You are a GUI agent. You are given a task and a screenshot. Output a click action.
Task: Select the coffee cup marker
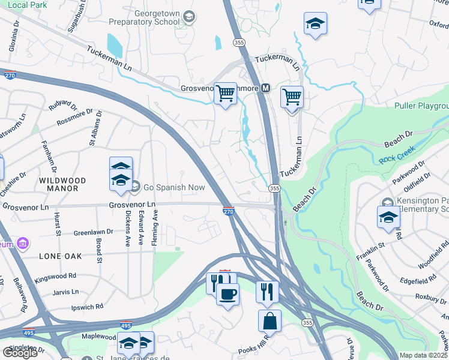228,295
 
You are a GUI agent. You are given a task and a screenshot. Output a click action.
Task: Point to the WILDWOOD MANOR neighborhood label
62,184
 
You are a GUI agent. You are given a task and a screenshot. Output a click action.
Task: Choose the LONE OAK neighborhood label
60,256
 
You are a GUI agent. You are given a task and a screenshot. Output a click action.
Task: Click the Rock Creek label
394,160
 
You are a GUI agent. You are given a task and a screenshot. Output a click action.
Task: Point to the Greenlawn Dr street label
93,232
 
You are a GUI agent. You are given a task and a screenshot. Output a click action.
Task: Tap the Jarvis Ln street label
66,292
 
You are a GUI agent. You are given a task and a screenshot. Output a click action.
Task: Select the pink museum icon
23,244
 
